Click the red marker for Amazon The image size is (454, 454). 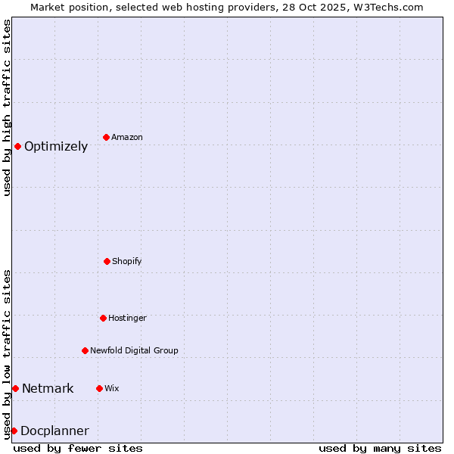[x=107, y=137]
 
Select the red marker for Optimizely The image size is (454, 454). [x=17, y=146]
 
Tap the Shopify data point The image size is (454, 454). [x=107, y=261]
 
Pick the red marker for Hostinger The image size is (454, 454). [x=103, y=318]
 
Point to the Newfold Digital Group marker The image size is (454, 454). [x=85, y=350]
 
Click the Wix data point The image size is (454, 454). [x=99, y=388]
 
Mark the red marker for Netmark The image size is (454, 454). [x=15, y=388]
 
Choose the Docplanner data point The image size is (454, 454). [x=14, y=431]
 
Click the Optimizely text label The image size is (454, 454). [x=56, y=147]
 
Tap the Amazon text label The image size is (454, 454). [x=127, y=138]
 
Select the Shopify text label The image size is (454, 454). [x=127, y=262]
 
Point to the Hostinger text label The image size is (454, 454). [x=127, y=319]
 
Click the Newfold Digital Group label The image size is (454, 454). [x=134, y=351]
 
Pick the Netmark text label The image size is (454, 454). [x=48, y=389]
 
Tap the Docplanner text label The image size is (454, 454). [x=54, y=431]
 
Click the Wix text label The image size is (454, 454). [x=112, y=389]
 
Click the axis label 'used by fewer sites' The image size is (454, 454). [x=78, y=448]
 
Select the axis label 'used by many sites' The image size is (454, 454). [x=380, y=448]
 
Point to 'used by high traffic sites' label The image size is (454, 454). [x=7, y=107]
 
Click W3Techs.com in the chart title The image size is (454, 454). [x=387, y=7]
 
